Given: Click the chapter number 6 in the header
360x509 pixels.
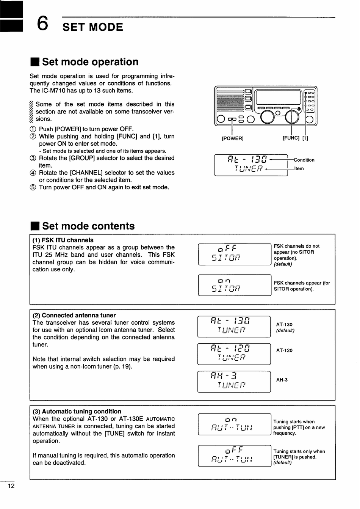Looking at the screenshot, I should pyautogui.click(x=42, y=24).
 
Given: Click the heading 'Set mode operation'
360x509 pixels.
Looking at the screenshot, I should pyautogui.click(x=90, y=62).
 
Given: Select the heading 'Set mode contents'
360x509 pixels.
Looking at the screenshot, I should pyautogui.click(x=88, y=226).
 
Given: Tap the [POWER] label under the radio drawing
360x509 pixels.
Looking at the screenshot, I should pyautogui.click(x=232, y=138).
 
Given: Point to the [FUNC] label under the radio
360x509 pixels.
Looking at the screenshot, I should pyautogui.click(x=291, y=138).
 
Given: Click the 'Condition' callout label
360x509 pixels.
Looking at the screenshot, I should pyautogui.click(x=304, y=160).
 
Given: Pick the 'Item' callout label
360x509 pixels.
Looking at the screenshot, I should pyautogui.click(x=299, y=169).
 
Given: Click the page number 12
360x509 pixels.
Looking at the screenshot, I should pyautogui.click(x=11, y=486).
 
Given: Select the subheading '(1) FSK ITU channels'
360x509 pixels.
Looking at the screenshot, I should pyautogui.click(x=63, y=240).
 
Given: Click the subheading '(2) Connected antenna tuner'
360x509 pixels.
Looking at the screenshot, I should pyautogui.click(x=74, y=315).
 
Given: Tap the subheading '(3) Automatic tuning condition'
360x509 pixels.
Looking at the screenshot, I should pyautogui.click(x=77, y=412).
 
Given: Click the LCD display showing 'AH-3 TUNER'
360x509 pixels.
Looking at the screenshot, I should pyautogui.click(x=234, y=382).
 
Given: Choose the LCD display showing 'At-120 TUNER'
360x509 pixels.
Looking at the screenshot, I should pyautogui.click(x=234, y=354).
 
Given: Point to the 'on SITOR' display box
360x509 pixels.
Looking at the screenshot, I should pyautogui.click(x=235, y=285).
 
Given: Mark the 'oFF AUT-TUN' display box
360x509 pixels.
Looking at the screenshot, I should pyautogui.click(x=235, y=456).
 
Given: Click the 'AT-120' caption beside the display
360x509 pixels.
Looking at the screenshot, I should pyautogui.click(x=284, y=350).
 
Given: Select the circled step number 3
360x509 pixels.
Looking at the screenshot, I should pyautogui.click(x=33, y=158).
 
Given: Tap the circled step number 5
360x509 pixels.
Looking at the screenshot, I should pyautogui.click(x=33, y=187).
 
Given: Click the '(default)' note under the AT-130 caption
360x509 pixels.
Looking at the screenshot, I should pyautogui.click(x=285, y=331).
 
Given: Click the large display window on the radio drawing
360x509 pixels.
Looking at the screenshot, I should pyautogui.click(x=279, y=97).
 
